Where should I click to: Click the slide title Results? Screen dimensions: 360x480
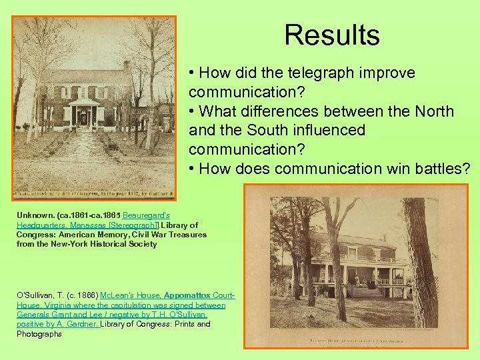331,35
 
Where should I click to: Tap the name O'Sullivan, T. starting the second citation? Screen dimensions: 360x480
41,295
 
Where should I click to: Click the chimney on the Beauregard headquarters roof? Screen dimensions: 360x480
127,65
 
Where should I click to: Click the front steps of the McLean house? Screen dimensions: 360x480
365,291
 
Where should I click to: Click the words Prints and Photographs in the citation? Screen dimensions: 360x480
167,324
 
